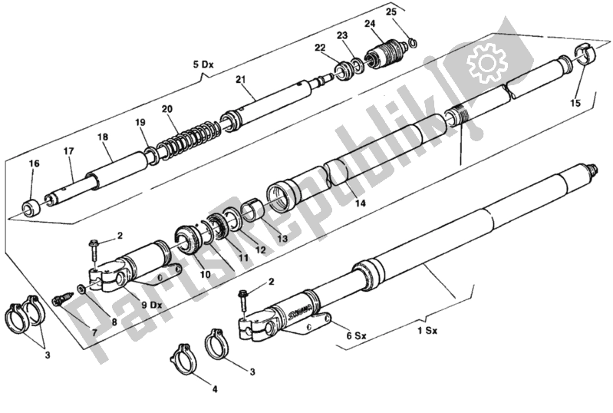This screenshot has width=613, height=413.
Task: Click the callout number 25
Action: coord(391,12)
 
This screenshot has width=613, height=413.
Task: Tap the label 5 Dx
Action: coord(203,64)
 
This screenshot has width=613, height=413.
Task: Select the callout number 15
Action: coord(575,103)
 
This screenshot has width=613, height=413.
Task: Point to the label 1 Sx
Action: coord(427,331)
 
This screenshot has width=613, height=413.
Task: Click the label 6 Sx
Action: coord(356,335)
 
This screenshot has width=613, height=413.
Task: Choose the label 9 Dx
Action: coord(151,305)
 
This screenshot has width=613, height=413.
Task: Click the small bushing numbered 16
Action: coord(31,207)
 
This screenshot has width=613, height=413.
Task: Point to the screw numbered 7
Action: coord(63,299)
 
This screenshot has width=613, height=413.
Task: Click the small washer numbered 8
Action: coord(81,289)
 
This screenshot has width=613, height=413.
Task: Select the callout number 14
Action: coord(360,203)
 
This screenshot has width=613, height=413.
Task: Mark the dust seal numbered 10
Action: coord(188,238)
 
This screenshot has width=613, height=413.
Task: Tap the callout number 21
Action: coord(240,79)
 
